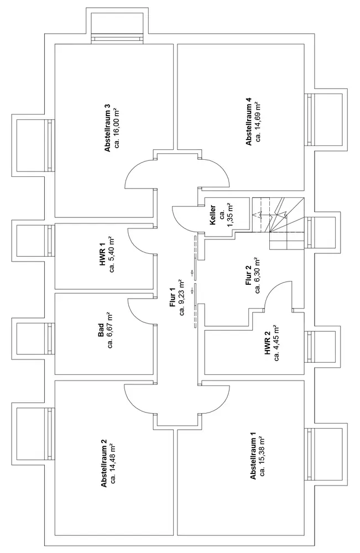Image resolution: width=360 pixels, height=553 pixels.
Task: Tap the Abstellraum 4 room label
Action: (x=249, y=122)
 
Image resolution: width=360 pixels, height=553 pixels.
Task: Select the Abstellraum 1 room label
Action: (x=253, y=458)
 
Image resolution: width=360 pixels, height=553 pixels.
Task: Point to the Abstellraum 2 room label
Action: (x=103, y=462)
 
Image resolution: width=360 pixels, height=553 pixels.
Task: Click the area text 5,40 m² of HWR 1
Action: (x=112, y=255)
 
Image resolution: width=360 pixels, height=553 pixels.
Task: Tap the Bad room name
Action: (x=101, y=331)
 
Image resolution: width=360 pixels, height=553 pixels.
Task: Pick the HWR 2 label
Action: (x=268, y=343)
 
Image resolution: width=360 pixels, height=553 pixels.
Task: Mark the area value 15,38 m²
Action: (x=263, y=458)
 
